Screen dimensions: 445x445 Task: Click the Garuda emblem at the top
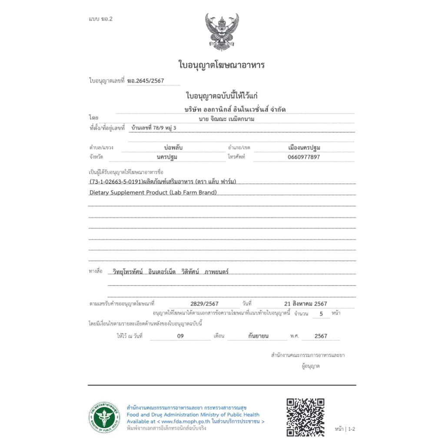[x=222, y=30]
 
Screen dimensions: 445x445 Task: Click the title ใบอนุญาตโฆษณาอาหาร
[x=222, y=65]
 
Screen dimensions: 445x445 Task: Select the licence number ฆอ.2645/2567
[x=146, y=81]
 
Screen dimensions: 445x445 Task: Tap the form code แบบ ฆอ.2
[x=100, y=19]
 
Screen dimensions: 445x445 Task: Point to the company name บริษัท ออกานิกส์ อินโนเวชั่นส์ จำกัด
[x=235, y=109]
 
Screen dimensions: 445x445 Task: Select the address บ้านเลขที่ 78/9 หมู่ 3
[x=154, y=128]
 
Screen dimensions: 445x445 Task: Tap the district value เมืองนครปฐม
[x=304, y=148]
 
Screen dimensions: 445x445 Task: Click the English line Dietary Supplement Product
[x=153, y=192]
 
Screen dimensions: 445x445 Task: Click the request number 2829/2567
[x=204, y=304]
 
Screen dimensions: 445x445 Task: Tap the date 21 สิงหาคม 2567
[x=305, y=304]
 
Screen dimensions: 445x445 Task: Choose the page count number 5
[x=321, y=313]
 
